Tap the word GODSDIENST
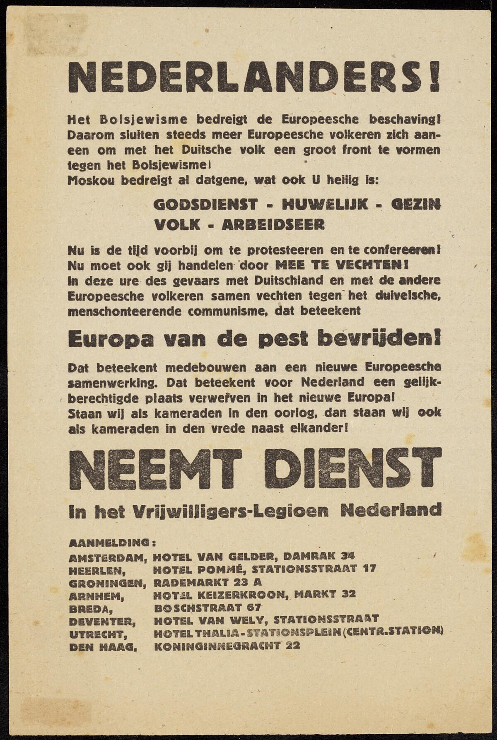tap(205, 204)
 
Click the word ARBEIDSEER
tap(273, 224)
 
